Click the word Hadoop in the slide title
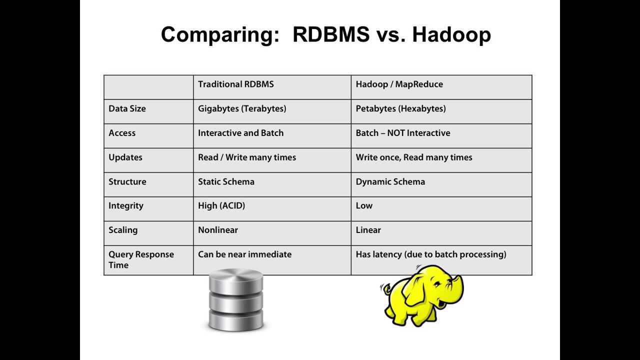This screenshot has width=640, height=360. click(451, 35)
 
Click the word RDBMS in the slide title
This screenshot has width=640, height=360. click(331, 34)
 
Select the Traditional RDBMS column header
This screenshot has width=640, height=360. click(236, 84)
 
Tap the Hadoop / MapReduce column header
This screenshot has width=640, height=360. click(399, 84)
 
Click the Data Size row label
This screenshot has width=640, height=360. click(127, 108)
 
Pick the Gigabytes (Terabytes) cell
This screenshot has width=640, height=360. click(242, 108)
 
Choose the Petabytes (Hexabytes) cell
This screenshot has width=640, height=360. click(400, 108)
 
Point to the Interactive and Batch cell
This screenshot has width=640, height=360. click(240, 133)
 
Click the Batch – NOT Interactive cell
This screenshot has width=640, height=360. click(402, 133)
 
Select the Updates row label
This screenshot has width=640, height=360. click(125, 157)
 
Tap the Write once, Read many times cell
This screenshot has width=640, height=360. click(413, 157)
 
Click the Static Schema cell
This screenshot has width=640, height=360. click(226, 181)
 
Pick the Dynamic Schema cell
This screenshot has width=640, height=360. click(390, 181)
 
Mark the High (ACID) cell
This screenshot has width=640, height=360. click(221, 205)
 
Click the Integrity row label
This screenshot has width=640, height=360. click(125, 205)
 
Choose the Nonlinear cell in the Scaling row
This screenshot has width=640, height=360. click(217, 230)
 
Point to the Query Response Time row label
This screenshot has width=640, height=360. click(141, 259)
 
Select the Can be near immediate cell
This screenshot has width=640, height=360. click(244, 254)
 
